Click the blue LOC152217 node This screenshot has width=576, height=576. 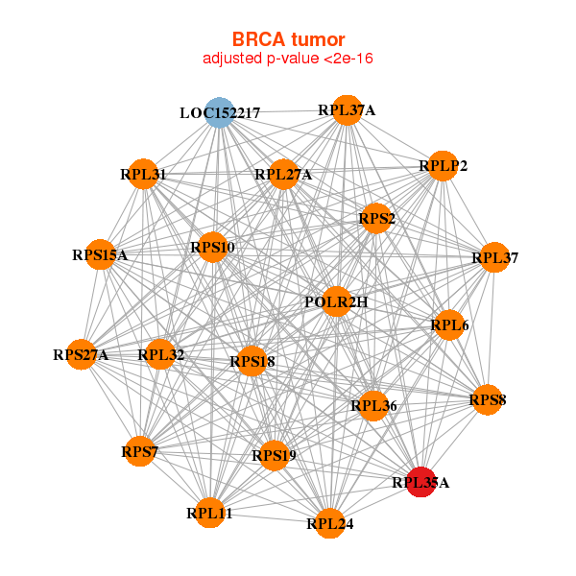220,112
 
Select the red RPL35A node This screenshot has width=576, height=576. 420,482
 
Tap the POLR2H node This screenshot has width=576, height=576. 336,301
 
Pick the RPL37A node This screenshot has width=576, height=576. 347,110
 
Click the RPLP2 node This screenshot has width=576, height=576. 442,166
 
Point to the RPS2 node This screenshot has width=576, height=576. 376,219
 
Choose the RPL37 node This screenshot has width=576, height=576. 494,257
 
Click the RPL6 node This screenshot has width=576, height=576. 449,326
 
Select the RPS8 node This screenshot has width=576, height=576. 488,399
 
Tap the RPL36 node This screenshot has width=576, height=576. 372,406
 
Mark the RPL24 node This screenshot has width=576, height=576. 330,523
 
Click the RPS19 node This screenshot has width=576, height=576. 274,455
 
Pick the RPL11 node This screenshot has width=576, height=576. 210,513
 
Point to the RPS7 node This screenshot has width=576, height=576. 139,451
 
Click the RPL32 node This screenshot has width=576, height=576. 160,355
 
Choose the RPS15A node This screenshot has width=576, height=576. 100,255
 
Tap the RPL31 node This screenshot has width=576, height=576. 143,174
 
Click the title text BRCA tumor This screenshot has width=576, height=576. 288,39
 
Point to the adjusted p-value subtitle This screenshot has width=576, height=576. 288,59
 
